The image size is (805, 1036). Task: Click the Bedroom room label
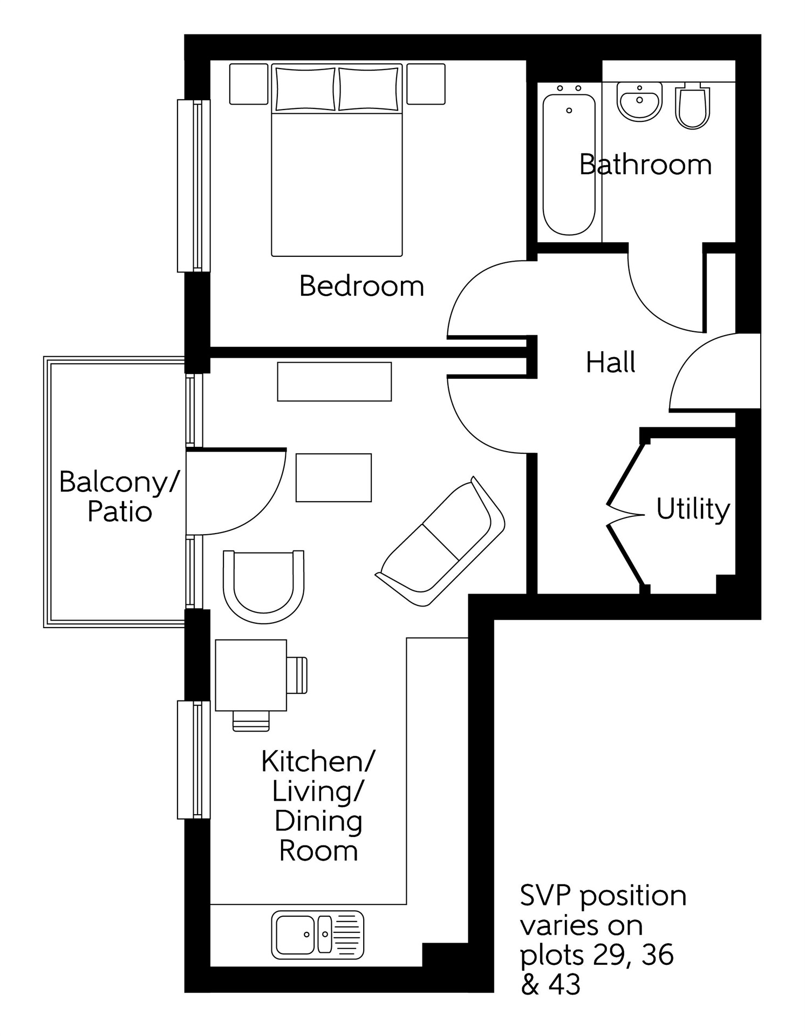361,286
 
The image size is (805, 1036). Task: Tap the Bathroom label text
645,165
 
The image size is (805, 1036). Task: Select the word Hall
610,362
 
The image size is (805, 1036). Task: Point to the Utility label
692,508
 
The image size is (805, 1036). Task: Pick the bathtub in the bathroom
569,165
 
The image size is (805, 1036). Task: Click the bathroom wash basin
639,101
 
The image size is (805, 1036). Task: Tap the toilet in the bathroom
692,107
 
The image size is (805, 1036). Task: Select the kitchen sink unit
317,935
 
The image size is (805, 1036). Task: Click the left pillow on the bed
305,89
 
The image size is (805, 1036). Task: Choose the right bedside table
426,84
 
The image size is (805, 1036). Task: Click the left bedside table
249,84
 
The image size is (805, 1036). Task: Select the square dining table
250,675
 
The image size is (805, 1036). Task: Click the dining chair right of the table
297,675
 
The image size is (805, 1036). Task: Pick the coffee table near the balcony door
333,478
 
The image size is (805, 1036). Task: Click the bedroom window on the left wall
193,186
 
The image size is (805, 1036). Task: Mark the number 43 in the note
564,984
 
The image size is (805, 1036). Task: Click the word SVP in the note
545,896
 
